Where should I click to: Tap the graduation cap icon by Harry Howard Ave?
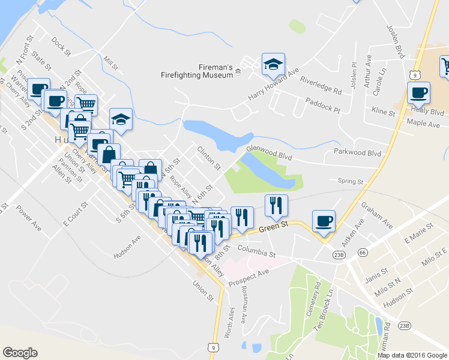click(x=273, y=64)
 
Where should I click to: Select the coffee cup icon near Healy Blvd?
click(x=418, y=93)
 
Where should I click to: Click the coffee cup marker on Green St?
click(x=324, y=221)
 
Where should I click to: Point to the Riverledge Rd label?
click(x=321, y=85)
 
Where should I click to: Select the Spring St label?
click(x=351, y=181)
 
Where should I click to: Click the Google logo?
click(x=20, y=352)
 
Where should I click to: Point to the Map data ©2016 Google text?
click(x=411, y=355)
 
